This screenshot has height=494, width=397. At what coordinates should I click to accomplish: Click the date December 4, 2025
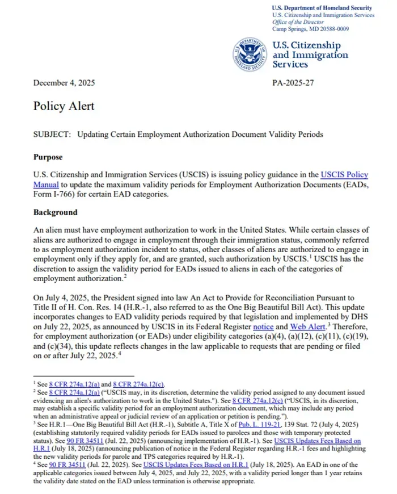(64, 83)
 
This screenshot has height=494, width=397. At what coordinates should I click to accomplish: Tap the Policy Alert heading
(64, 106)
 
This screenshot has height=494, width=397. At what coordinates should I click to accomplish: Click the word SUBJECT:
(52, 135)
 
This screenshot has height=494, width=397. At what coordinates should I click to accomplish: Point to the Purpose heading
(48, 157)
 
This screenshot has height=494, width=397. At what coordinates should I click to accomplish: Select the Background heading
(55, 212)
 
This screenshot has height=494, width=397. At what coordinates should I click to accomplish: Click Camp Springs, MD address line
(310, 28)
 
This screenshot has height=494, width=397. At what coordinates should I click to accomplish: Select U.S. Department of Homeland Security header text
(322, 7)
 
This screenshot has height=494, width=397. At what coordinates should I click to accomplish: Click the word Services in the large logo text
(292, 65)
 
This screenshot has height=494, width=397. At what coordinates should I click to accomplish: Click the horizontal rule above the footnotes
(84, 376)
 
